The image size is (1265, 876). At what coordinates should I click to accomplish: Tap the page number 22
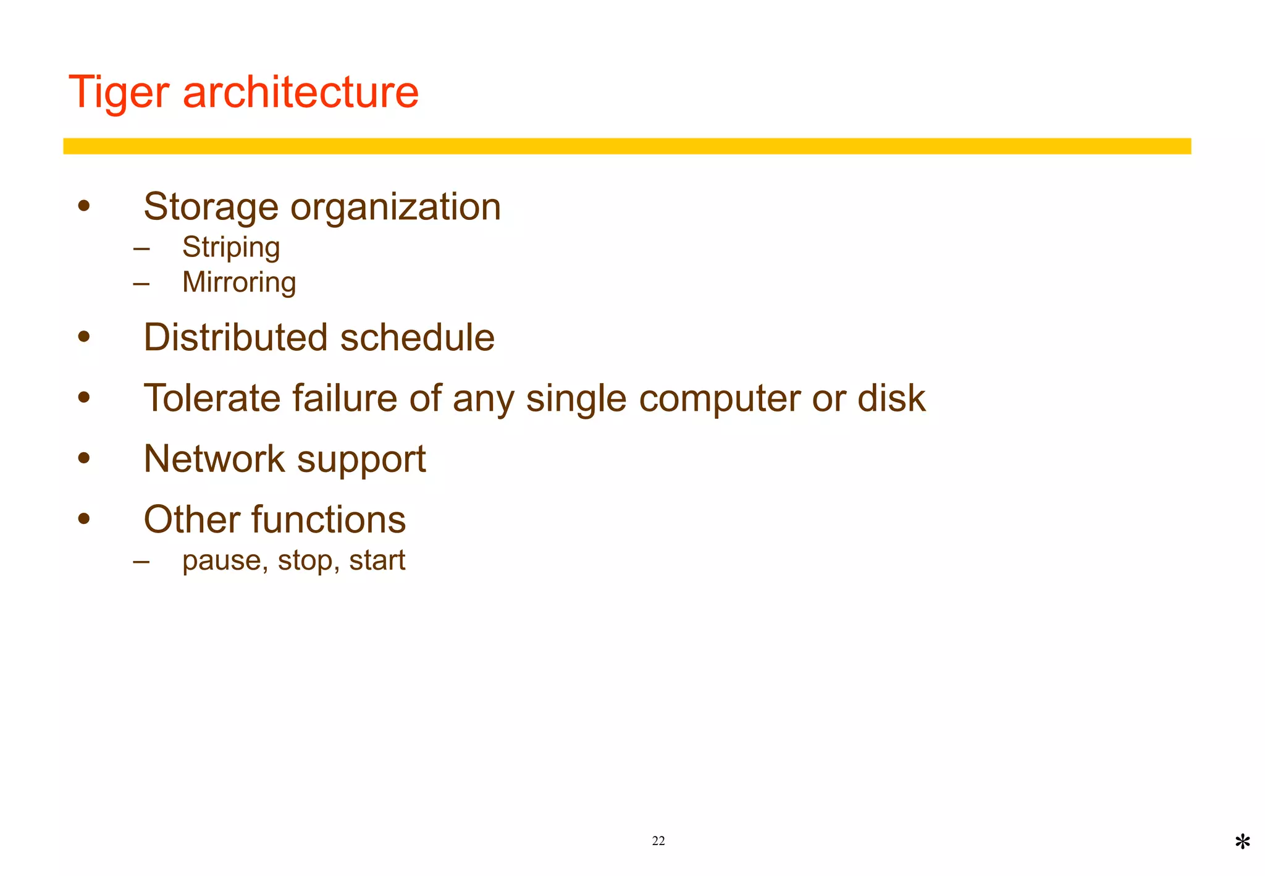click(658, 841)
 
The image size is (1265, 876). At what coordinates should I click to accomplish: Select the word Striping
click(231, 248)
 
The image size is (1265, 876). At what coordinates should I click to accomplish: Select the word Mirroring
click(239, 282)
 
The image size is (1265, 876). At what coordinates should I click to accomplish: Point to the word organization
click(395, 207)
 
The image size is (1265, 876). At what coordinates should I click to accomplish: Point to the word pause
click(225, 561)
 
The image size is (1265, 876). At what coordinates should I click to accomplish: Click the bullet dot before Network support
click(84, 458)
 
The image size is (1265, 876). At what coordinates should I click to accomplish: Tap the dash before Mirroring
click(141, 284)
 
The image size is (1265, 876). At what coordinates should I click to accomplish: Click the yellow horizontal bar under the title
click(627, 146)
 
